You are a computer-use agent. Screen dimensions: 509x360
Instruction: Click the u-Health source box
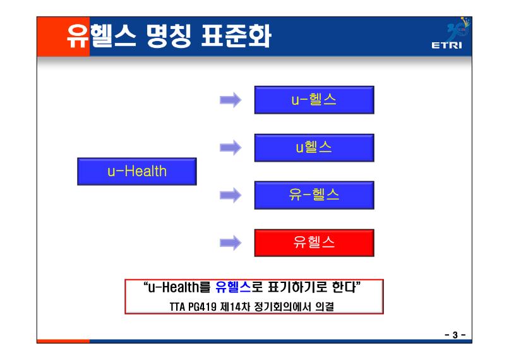(137, 171)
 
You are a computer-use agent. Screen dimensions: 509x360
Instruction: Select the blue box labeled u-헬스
(314, 100)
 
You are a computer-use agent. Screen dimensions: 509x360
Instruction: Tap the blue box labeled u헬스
(314, 148)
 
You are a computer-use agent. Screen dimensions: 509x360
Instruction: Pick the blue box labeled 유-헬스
(314, 195)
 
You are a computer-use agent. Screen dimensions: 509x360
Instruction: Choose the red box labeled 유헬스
(314, 243)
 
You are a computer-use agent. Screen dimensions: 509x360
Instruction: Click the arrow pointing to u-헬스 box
(231, 100)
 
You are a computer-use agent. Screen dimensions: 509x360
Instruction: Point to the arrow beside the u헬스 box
(231, 148)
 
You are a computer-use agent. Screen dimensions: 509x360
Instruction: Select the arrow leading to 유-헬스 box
(231, 195)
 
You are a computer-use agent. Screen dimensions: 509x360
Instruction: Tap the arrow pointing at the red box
(231, 243)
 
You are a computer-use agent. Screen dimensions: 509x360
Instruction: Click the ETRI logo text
(446, 45)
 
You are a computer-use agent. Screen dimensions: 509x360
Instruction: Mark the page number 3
(455, 335)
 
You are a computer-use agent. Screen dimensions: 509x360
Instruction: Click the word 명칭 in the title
(169, 36)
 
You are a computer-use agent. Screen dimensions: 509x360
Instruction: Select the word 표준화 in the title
(236, 36)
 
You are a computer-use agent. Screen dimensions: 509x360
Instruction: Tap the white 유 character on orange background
(78, 36)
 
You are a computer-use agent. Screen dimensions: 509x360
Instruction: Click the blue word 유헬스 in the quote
(233, 287)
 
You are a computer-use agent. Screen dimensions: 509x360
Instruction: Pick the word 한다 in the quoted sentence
(344, 287)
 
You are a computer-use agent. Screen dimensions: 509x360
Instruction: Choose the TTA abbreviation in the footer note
(177, 307)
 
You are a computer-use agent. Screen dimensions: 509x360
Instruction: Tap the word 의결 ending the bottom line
(325, 307)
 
